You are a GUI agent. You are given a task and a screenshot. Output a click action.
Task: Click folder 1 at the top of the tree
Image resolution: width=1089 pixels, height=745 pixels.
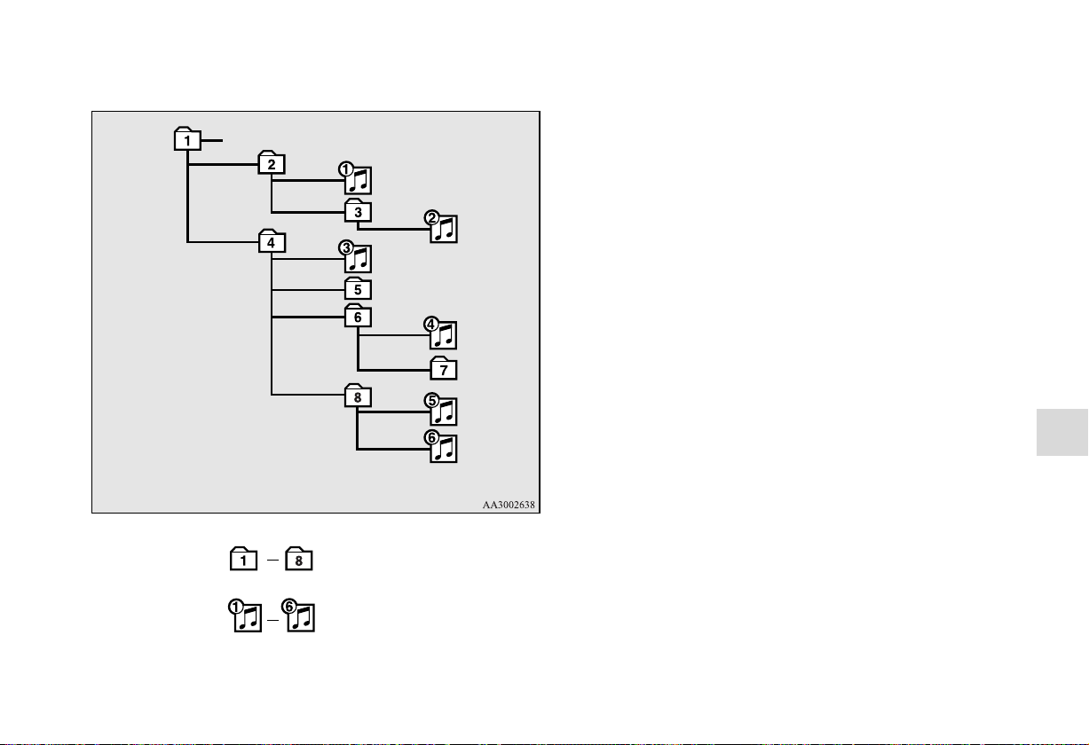(187, 139)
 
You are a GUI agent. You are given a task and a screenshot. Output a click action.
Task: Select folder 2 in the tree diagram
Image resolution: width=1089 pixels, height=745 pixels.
(272, 162)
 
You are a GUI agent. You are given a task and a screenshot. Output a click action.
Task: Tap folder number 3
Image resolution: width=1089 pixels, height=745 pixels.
(359, 210)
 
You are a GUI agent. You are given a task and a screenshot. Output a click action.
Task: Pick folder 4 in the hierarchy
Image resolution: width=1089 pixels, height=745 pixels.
(272, 241)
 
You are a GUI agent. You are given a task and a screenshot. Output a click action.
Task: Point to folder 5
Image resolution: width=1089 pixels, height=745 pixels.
(359, 288)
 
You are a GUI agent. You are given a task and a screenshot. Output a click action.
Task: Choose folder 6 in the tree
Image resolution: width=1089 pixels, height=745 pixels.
(359, 316)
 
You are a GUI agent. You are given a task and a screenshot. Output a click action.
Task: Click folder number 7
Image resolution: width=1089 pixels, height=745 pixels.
(444, 368)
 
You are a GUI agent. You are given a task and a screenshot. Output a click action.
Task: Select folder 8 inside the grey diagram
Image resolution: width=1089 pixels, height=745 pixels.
(359, 396)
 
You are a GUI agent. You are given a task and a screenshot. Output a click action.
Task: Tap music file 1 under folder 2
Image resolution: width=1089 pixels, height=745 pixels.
(356, 178)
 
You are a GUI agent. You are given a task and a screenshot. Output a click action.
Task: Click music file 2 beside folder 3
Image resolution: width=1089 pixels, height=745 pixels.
(441, 227)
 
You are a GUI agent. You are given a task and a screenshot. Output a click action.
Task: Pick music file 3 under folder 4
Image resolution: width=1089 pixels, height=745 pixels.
(356, 257)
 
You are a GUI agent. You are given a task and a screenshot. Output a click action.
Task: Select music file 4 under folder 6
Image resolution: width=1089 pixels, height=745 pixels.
(441, 333)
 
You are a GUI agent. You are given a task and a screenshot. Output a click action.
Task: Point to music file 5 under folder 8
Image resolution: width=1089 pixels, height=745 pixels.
(441, 409)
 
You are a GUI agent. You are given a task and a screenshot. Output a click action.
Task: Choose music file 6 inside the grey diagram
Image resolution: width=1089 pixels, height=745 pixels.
(441, 447)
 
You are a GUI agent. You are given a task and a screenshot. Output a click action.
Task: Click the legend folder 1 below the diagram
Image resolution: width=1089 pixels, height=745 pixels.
(243, 559)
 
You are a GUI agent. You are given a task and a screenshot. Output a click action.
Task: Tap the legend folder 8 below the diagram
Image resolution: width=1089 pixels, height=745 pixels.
(299, 559)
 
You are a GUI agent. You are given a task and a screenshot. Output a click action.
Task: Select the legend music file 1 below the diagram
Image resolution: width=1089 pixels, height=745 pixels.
(246, 616)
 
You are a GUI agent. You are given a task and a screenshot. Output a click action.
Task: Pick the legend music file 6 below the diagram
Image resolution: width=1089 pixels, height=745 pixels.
(298, 616)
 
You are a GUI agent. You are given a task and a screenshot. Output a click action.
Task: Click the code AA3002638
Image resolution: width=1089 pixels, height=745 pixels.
(509, 505)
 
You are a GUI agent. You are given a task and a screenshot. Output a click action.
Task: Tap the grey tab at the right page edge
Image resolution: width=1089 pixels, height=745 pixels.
(1062, 433)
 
